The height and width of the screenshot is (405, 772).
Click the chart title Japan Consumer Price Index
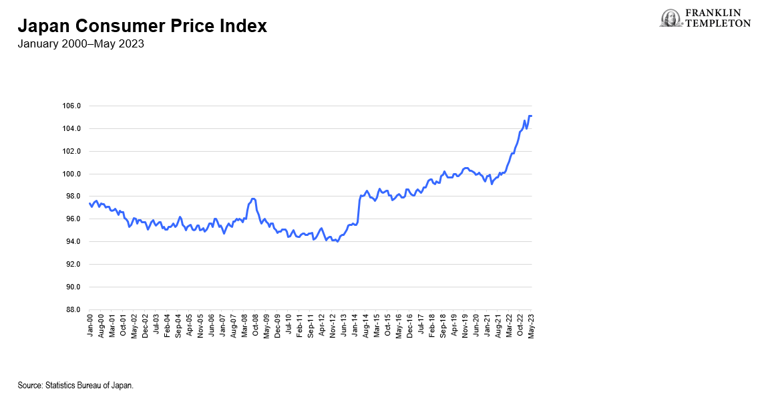142,26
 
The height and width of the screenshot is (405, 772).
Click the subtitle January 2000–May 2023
81,44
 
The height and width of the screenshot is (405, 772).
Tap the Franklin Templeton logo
705,18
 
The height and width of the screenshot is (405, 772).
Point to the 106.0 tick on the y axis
71,106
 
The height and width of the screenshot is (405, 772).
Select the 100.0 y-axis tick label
71,174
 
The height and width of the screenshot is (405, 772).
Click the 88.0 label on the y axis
71,309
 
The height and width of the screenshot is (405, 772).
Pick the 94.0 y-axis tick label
71,241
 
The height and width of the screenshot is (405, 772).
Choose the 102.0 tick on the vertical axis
71,151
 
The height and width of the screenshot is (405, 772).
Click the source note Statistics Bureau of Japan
75,386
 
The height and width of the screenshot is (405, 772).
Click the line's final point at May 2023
531,116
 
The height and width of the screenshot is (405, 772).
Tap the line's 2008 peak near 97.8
253,198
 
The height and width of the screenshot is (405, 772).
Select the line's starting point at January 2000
90,203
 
